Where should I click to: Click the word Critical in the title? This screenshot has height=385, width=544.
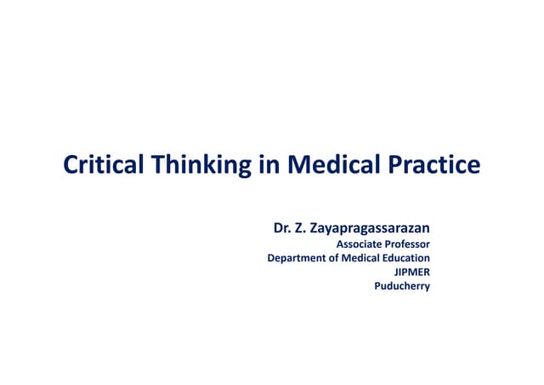(x=105, y=164)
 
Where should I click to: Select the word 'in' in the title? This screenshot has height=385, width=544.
(x=269, y=164)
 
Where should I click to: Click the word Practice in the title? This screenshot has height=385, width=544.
(x=436, y=164)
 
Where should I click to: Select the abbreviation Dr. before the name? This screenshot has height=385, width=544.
(x=281, y=228)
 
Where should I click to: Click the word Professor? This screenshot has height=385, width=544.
(x=408, y=244)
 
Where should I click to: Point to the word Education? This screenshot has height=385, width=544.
(x=405, y=258)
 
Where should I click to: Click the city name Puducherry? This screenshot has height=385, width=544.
(x=402, y=286)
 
